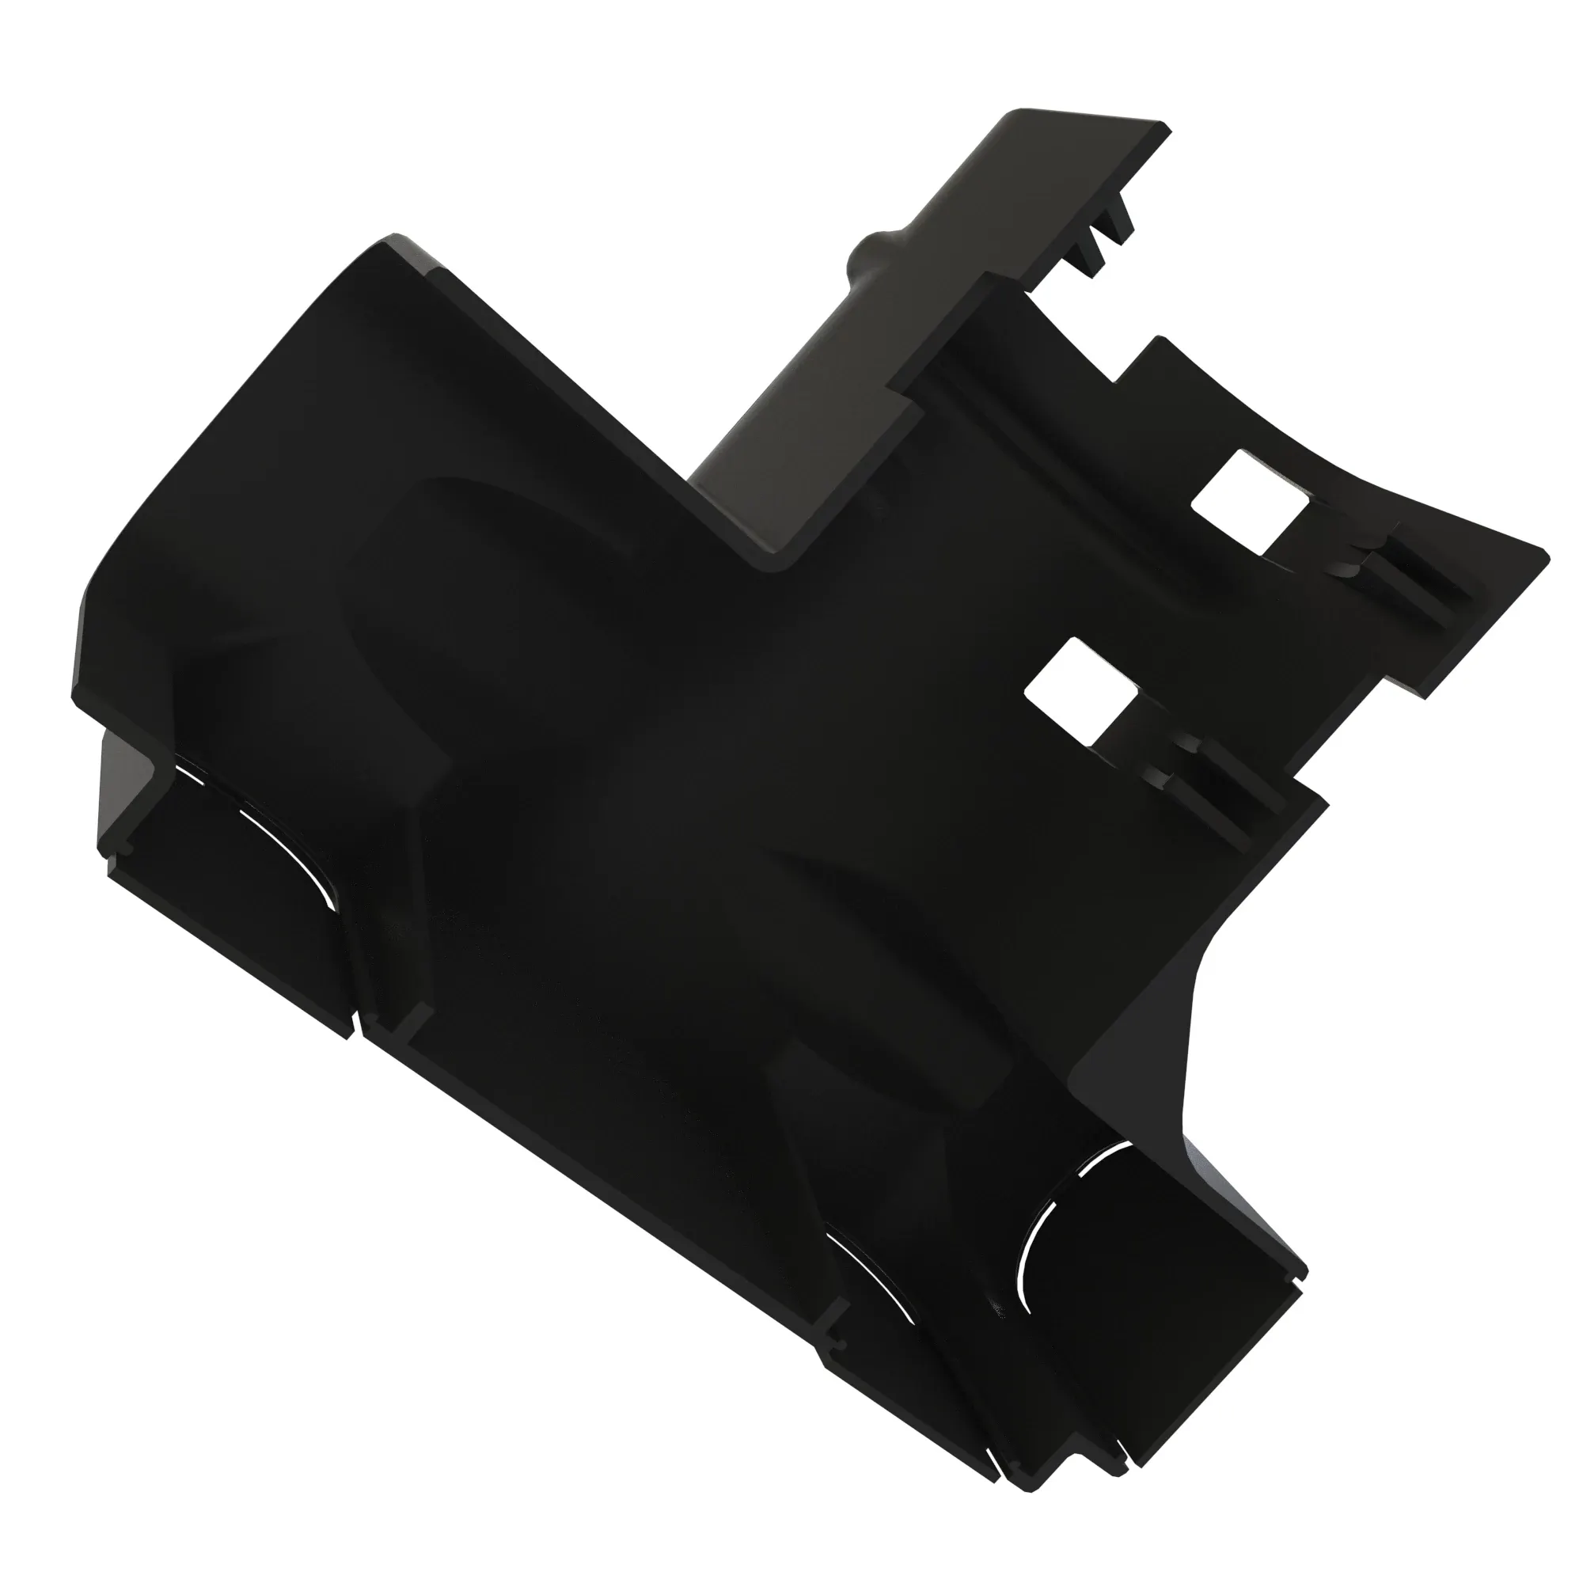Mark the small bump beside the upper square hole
click(1344, 565)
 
